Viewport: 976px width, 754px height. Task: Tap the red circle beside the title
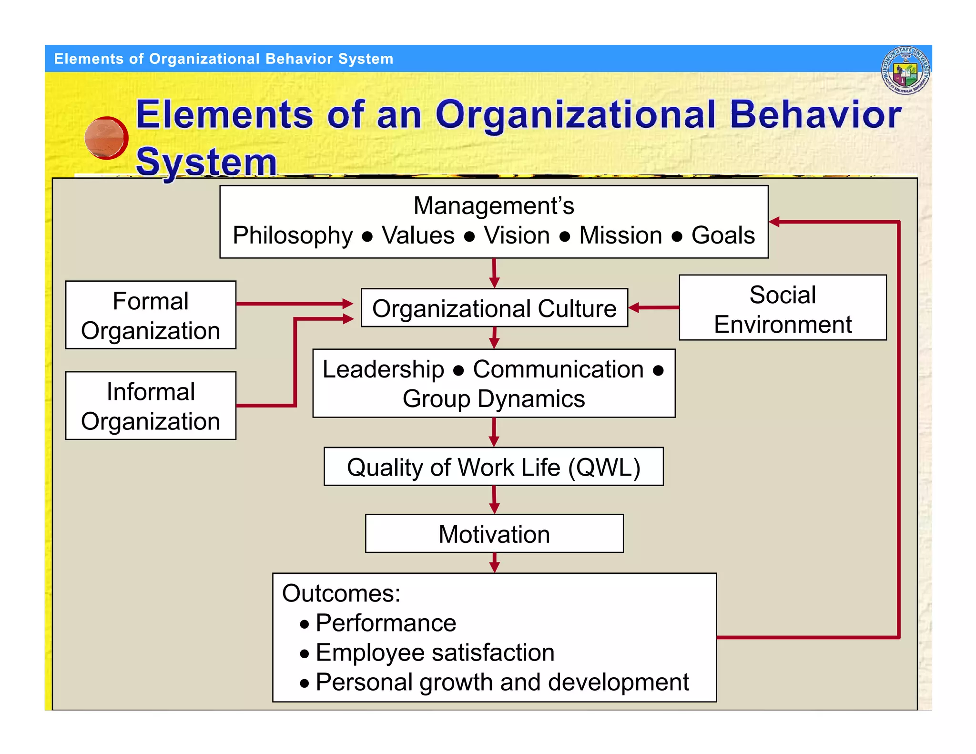(x=106, y=138)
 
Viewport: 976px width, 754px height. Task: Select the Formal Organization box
(x=151, y=315)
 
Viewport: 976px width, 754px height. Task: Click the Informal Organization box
(x=151, y=406)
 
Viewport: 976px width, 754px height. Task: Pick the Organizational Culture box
(x=494, y=308)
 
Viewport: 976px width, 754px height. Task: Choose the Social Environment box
(x=783, y=308)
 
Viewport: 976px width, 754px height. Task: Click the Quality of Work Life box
(x=493, y=467)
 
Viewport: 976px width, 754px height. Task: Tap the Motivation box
(x=494, y=534)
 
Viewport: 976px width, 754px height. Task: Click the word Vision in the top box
(x=517, y=235)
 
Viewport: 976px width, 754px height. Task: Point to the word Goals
(x=723, y=235)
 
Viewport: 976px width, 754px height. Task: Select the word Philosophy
(x=293, y=235)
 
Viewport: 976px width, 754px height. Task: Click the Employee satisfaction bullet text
(x=435, y=652)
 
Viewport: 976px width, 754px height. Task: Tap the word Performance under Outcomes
(x=386, y=623)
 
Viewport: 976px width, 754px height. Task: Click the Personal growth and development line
(x=502, y=682)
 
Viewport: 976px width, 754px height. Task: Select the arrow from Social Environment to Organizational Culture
(x=654, y=308)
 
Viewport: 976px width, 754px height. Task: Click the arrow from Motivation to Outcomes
(x=494, y=563)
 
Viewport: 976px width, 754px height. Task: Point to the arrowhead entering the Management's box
(x=775, y=222)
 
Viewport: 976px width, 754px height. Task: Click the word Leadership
(x=383, y=369)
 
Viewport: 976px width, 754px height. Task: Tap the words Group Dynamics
(x=493, y=399)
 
